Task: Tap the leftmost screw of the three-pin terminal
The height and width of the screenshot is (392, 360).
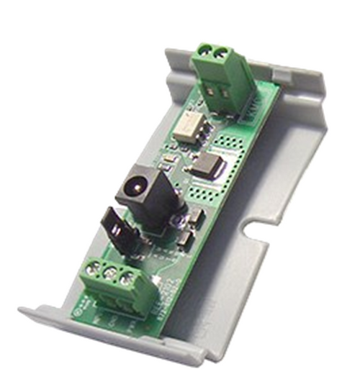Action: [92, 270]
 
